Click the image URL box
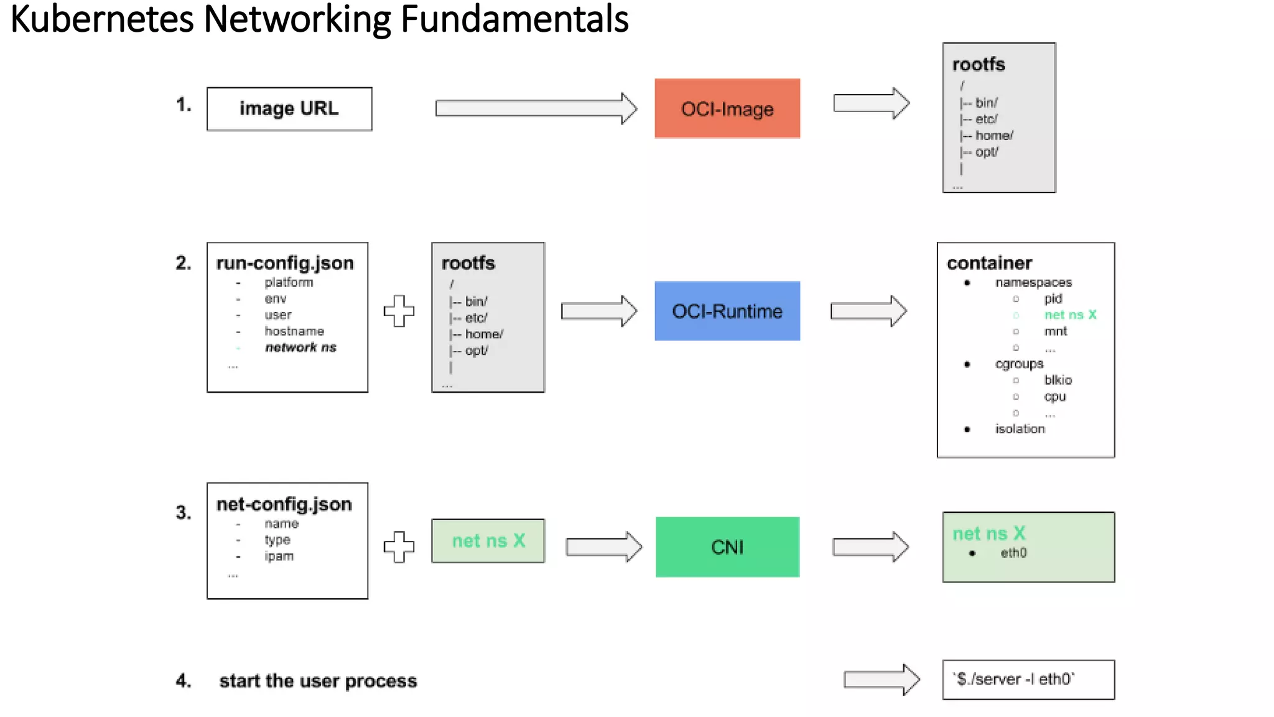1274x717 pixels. click(x=289, y=109)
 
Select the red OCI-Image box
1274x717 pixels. click(x=727, y=109)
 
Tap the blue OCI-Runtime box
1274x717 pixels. click(x=727, y=311)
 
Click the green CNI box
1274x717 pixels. click(x=727, y=546)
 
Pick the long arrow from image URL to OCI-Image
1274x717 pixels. click(x=535, y=108)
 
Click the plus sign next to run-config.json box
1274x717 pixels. click(x=399, y=311)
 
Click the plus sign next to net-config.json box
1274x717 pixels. click(x=399, y=546)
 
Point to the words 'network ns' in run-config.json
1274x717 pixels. click(x=300, y=347)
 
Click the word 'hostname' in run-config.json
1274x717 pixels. click(x=294, y=331)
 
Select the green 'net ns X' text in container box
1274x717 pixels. click(x=1070, y=315)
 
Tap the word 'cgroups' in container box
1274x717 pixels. click(x=1019, y=363)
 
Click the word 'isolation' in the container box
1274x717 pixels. click(x=1020, y=429)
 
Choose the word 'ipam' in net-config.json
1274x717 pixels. click(x=279, y=556)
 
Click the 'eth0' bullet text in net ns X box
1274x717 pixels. click(x=1013, y=553)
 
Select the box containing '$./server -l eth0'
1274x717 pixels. click(x=1028, y=679)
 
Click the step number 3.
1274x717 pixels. click(x=184, y=512)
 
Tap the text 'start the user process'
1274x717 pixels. click(x=318, y=681)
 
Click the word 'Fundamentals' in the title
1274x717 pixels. click(x=514, y=19)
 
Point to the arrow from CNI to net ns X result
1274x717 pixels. click(x=870, y=546)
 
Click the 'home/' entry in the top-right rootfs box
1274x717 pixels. click(x=993, y=136)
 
